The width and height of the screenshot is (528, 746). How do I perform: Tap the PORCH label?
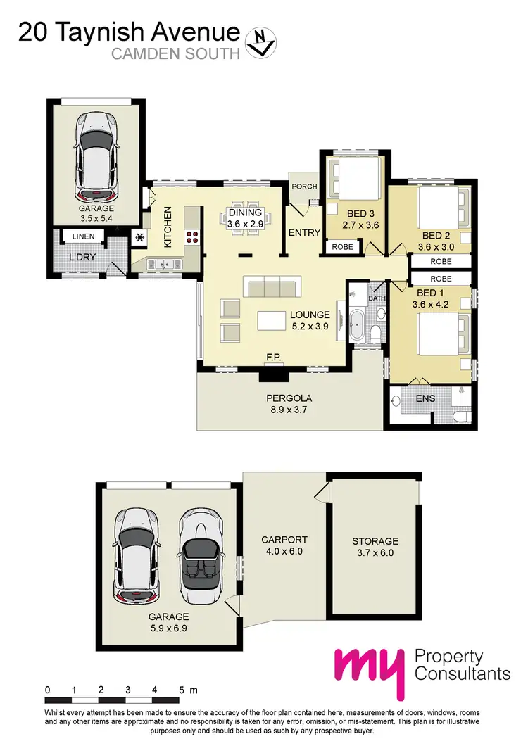click(x=304, y=186)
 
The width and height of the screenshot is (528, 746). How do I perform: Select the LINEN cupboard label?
click(x=82, y=237)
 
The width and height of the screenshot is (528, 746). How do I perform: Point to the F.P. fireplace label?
click(x=273, y=358)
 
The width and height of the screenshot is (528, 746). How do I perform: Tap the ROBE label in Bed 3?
click(x=343, y=247)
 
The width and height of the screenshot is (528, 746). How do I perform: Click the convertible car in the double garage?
click(x=201, y=556)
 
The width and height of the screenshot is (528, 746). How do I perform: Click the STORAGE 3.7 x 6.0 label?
click(x=375, y=547)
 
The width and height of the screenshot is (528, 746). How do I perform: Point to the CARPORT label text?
click(x=284, y=540)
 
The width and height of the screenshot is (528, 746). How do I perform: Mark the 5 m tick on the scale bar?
click(x=182, y=689)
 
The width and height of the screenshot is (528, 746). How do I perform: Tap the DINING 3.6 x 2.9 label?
click(x=245, y=218)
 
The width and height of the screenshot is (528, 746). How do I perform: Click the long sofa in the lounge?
click(x=271, y=287)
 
